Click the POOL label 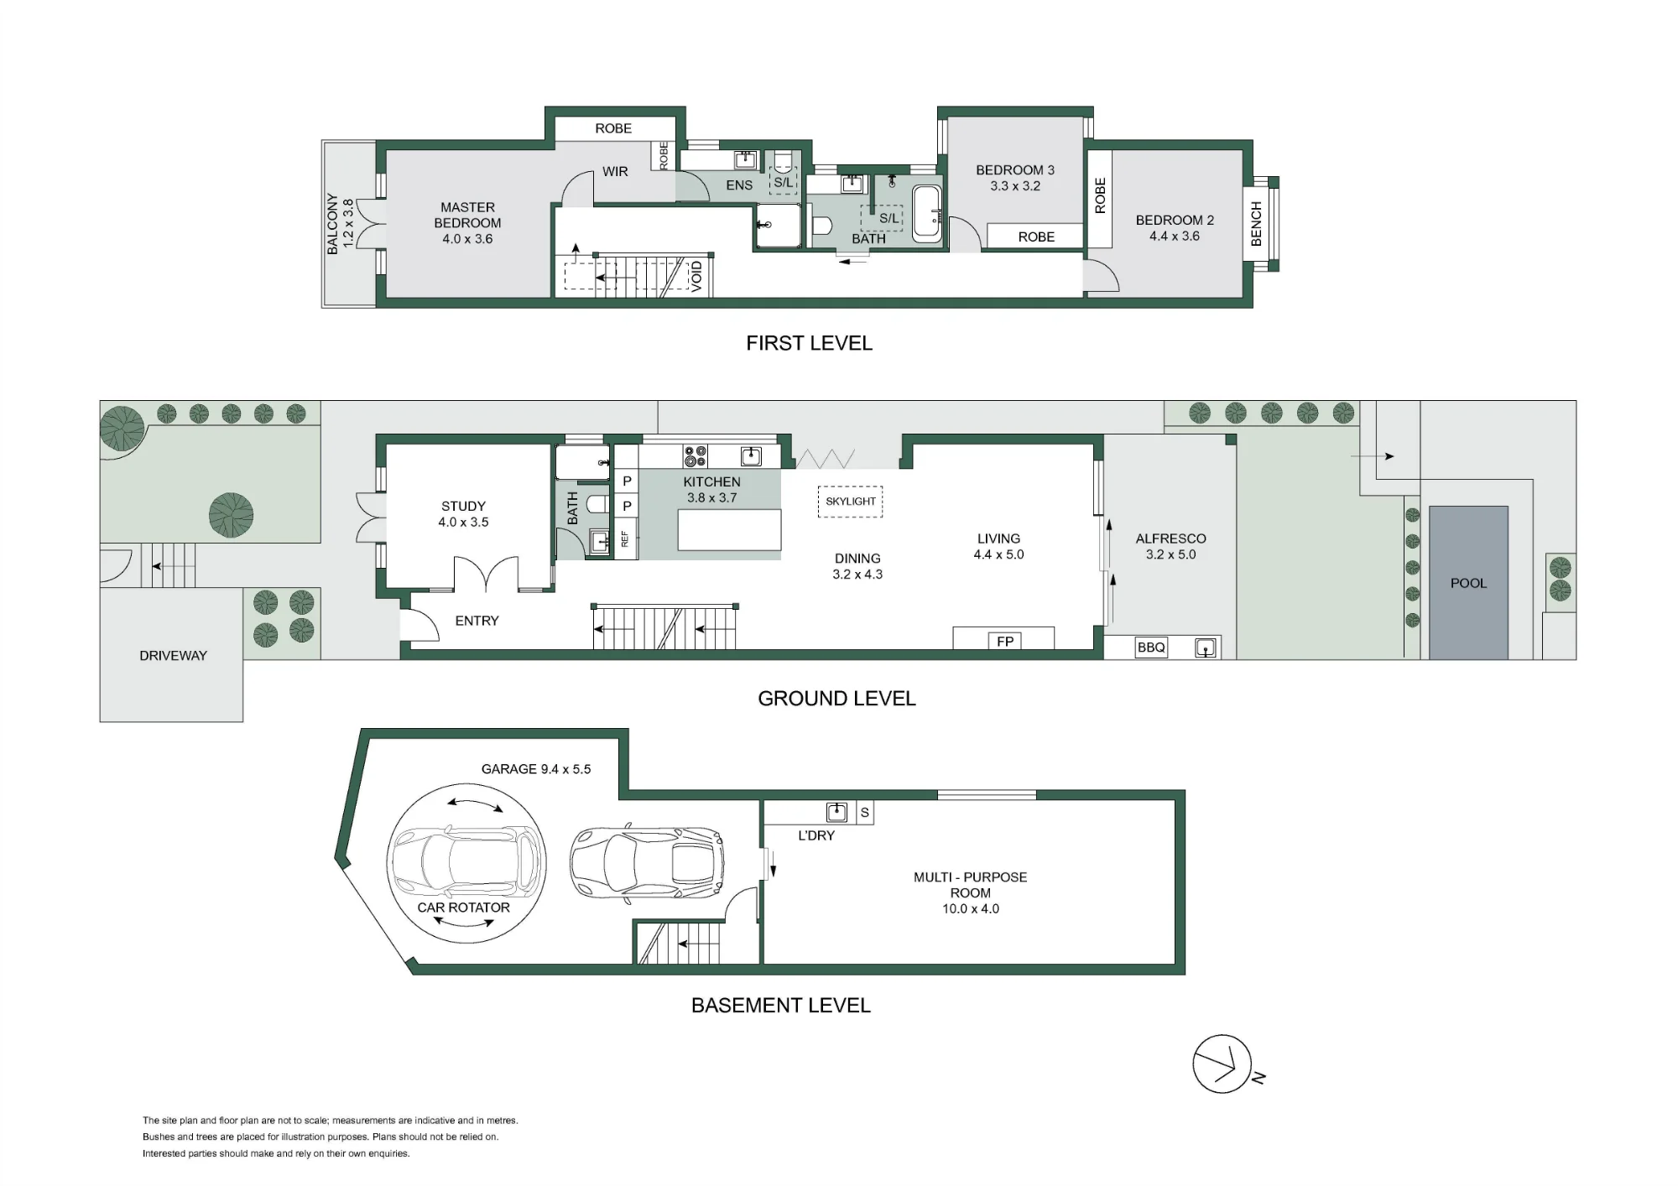(x=1468, y=583)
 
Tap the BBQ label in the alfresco (x=1151, y=648)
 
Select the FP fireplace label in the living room (x=1005, y=642)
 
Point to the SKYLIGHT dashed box (x=851, y=502)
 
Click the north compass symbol (x=1222, y=1064)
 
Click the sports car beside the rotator (x=646, y=863)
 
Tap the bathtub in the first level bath (x=927, y=215)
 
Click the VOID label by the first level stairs (x=696, y=277)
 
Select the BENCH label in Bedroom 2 (x=1256, y=224)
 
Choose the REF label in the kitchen (x=625, y=538)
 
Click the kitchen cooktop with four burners (x=696, y=456)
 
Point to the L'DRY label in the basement (x=816, y=835)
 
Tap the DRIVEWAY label (x=173, y=656)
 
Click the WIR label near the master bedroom (x=615, y=171)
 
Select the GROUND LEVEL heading (x=836, y=699)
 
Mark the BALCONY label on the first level (x=332, y=224)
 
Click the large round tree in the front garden (x=232, y=515)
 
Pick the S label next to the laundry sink (x=865, y=813)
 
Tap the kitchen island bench (x=729, y=530)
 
